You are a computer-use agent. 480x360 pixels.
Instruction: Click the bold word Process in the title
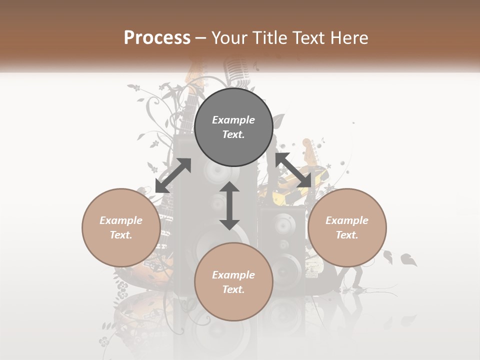pyautogui.click(x=157, y=38)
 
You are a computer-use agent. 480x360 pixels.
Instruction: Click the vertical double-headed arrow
pyautogui.click(x=229, y=205)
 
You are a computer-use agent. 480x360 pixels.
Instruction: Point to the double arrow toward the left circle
pyautogui.click(x=173, y=175)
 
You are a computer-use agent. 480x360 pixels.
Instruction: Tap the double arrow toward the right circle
pyautogui.click(x=293, y=170)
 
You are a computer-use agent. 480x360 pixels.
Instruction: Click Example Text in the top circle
pyautogui.click(x=233, y=127)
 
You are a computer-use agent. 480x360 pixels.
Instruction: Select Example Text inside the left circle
pyautogui.click(x=121, y=227)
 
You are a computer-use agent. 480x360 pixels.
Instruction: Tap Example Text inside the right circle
pyautogui.click(x=347, y=227)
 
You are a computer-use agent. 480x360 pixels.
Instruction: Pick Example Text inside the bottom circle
pyautogui.click(x=233, y=282)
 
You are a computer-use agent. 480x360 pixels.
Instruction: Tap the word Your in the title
pyautogui.click(x=227, y=38)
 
